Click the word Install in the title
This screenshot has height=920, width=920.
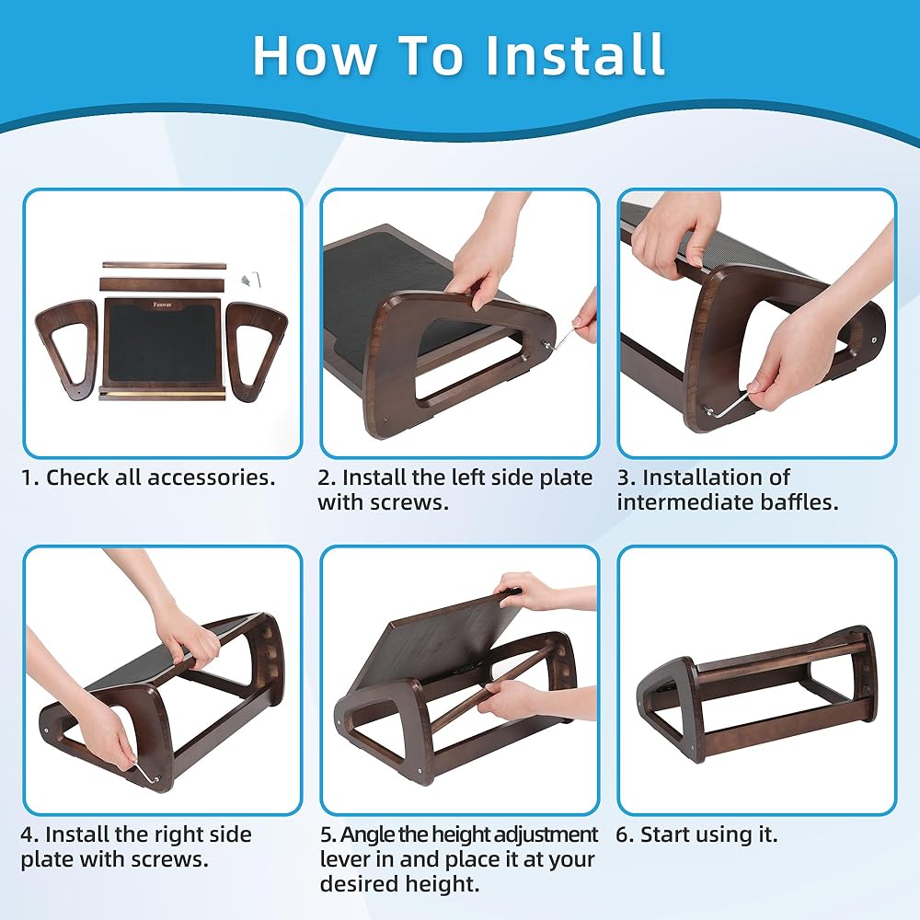point(576,54)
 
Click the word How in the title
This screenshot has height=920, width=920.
point(315,54)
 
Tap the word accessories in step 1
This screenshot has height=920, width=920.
point(211,477)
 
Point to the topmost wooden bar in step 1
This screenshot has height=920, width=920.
point(164,266)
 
